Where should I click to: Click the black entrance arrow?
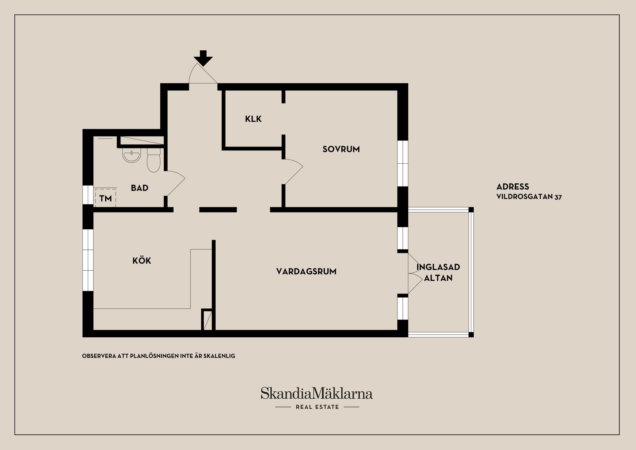click(x=203, y=58)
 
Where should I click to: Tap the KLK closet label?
click(x=253, y=119)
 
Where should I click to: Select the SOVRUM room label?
click(x=341, y=149)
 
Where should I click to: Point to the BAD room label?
click(x=139, y=188)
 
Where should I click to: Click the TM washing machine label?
click(x=106, y=198)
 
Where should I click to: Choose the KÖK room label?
click(x=142, y=260)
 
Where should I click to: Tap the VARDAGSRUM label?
click(x=306, y=271)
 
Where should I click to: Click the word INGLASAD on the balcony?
click(x=438, y=267)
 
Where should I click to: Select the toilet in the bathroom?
click(x=154, y=160)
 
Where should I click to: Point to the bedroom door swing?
click(x=293, y=172)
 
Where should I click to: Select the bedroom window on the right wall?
click(x=403, y=163)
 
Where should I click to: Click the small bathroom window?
click(x=88, y=195)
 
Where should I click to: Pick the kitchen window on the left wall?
click(x=88, y=260)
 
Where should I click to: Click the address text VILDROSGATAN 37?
click(x=529, y=197)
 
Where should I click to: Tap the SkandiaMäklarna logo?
click(x=317, y=393)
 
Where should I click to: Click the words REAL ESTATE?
click(x=317, y=407)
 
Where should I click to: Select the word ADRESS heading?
click(x=513, y=187)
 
